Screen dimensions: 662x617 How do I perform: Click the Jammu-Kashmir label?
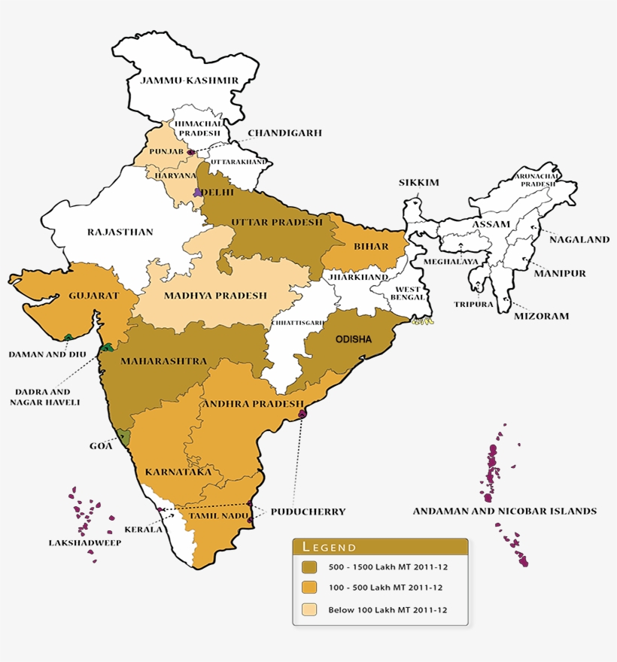tap(189, 80)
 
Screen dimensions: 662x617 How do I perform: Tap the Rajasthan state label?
tap(120, 232)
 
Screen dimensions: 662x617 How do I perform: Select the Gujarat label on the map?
tap(93, 296)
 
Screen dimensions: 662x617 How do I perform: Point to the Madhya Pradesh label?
tap(215, 296)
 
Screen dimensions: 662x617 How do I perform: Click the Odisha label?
tap(353, 339)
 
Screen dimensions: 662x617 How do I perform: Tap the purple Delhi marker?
tap(198, 193)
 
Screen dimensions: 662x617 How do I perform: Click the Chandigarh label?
tap(284, 133)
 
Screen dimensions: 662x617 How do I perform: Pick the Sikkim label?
tap(419, 183)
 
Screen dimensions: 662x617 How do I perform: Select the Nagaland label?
tap(579, 240)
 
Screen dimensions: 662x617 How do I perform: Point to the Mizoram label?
tap(541, 317)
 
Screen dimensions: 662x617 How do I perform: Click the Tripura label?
tap(473, 305)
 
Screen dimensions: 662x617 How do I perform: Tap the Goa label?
tap(101, 446)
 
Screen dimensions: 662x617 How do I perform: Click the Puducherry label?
tap(308, 512)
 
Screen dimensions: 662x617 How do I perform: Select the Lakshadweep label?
tap(75, 542)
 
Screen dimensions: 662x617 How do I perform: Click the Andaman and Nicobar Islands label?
tap(504, 511)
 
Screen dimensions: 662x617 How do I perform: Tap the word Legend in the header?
tap(329, 547)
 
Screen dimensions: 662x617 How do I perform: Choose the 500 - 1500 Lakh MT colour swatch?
tap(309, 566)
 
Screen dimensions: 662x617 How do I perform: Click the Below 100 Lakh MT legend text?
tap(388, 610)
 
